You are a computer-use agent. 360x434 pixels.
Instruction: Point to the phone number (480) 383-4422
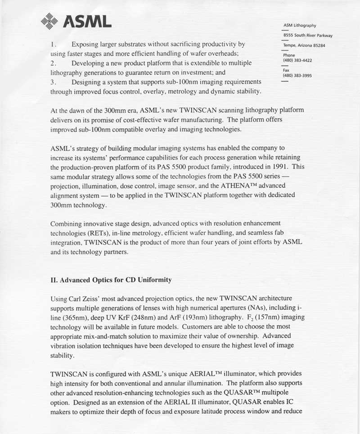point(297,60)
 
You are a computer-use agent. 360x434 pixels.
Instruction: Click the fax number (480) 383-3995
point(297,76)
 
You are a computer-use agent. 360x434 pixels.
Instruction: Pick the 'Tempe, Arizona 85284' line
point(304,45)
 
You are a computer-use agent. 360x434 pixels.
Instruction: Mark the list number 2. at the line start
point(53,63)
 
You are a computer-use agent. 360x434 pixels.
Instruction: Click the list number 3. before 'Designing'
point(53,82)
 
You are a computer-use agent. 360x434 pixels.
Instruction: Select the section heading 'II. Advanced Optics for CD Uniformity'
point(111,280)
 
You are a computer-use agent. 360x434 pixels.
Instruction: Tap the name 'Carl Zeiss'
point(87,298)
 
